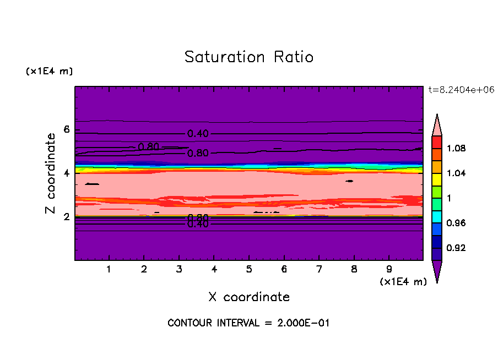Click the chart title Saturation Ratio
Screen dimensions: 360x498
tap(249, 57)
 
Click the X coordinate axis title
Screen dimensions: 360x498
tap(249, 297)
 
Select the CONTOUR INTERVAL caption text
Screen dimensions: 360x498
tap(248, 323)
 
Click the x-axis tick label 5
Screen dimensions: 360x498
tap(249, 270)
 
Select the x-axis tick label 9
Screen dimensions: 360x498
tap(389, 270)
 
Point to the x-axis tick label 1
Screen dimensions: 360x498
tap(109, 270)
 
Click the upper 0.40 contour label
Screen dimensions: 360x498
tap(198, 134)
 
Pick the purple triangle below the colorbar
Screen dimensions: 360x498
tap(437, 270)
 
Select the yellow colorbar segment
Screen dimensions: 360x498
tap(437, 179)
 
